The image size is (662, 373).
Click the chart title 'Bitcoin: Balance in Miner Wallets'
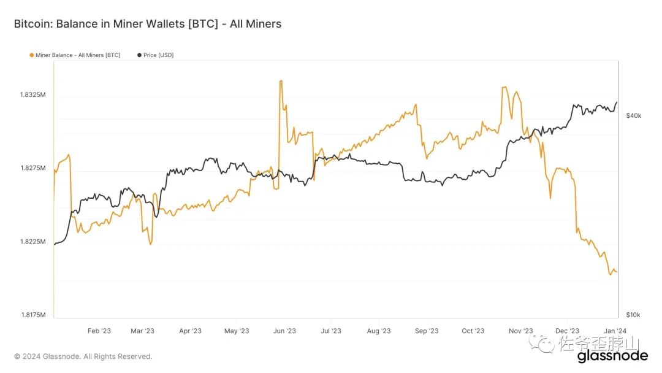(147, 24)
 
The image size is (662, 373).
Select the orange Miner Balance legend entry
(74, 55)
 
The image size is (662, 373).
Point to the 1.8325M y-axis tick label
(33, 95)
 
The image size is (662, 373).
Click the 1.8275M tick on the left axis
(33, 168)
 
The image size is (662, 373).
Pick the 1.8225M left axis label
(33, 242)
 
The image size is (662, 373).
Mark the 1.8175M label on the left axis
(33, 315)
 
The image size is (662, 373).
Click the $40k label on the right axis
(633, 116)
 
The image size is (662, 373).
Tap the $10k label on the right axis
(633, 315)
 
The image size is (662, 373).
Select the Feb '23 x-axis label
(99, 331)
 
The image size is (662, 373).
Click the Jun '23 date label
(284, 331)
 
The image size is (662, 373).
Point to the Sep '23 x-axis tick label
(427, 331)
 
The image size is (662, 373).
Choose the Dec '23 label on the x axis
(568, 331)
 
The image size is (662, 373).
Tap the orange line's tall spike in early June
(281, 81)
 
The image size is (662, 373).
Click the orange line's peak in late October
(505, 87)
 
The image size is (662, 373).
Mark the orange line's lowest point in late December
(610, 274)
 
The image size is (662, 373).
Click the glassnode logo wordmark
(612, 356)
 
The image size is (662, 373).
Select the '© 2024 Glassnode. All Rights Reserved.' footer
(83, 356)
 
